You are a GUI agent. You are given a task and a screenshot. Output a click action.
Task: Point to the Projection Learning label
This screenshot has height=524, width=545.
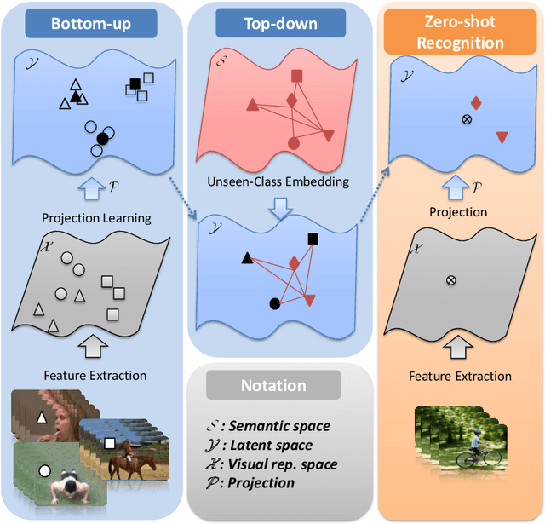[95, 217]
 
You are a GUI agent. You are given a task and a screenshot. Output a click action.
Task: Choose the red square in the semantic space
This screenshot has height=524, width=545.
[297, 77]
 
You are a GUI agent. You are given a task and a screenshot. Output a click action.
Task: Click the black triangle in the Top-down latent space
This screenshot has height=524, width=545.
[247, 257]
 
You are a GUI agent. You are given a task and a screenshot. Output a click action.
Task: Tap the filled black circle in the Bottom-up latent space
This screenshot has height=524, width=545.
[103, 137]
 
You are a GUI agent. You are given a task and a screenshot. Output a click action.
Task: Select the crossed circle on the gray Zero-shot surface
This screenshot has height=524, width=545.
[450, 279]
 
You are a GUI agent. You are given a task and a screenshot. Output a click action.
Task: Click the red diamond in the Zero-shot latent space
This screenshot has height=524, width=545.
[476, 103]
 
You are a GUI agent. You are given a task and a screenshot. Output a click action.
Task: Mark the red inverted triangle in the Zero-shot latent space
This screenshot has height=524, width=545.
[502, 136]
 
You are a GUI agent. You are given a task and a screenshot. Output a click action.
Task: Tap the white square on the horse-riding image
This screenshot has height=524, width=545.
[109, 443]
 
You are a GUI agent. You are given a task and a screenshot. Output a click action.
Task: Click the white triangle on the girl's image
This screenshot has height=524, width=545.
[41, 417]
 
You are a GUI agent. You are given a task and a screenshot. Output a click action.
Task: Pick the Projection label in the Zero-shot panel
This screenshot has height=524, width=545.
[458, 212]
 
